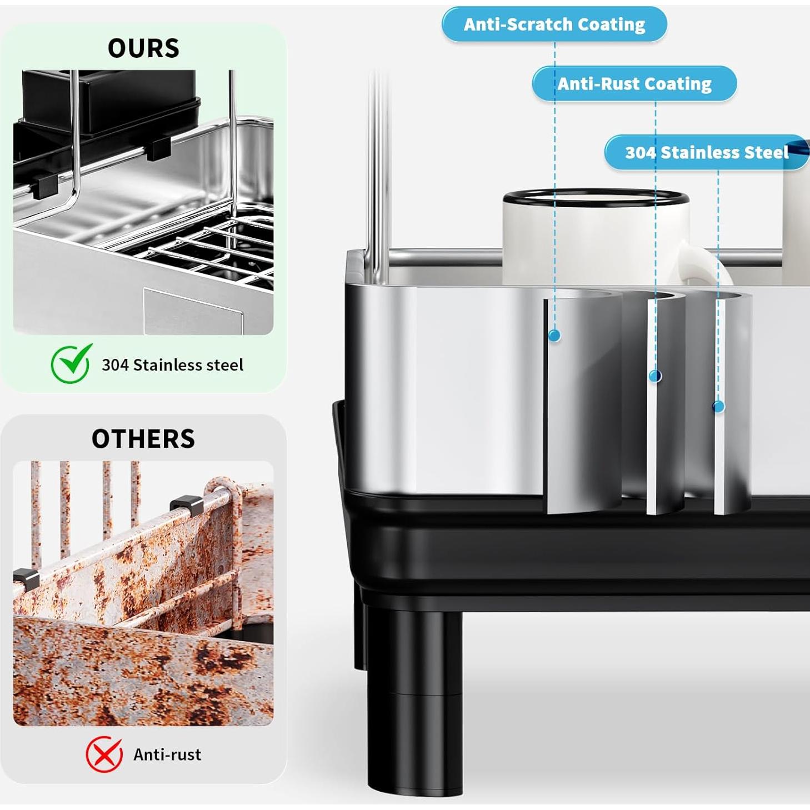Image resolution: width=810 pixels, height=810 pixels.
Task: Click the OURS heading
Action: point(143,48)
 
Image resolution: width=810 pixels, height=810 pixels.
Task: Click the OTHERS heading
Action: point(143,439)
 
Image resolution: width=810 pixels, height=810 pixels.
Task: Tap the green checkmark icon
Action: point(71,363)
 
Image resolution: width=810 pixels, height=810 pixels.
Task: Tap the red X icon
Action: point(104,754)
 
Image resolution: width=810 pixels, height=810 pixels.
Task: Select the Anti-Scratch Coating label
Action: point(554,24)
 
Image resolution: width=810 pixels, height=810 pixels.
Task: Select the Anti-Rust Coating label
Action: point(634,84)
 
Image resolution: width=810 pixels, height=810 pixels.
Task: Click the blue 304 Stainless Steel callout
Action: point(706,152)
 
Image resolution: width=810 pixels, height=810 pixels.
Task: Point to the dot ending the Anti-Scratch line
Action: point(554,336)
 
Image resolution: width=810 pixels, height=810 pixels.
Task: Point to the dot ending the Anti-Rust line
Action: point(656,376)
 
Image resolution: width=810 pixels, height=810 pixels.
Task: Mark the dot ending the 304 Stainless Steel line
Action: point(718,407)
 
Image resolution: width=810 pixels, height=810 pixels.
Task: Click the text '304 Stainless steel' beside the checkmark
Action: point(172,365)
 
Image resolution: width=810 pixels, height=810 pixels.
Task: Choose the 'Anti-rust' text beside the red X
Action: point(167,754)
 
